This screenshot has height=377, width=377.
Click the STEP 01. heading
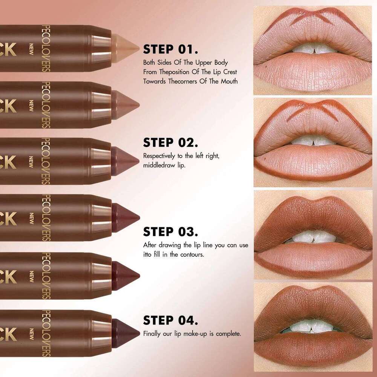[x=170, y=49]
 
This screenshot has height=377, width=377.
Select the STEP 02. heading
[x=170, y=143]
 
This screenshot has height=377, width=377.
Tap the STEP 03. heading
[x=170, y=231]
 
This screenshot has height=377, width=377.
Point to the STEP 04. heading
[x=170, y=320]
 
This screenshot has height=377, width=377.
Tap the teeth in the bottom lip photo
[x=313, y=326]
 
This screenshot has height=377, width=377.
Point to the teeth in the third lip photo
[x=313, y=238]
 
